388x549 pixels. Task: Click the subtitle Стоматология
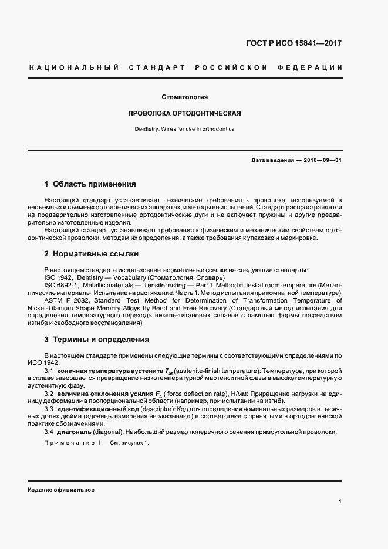click(x=185, y=97)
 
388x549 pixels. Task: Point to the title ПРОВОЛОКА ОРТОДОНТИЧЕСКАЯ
click(x=185, y=113)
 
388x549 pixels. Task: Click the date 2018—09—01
click(x=323, y=160)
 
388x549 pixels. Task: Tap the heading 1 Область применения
click(x=90, y=184)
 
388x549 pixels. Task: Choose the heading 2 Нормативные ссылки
click(x=92, y=254)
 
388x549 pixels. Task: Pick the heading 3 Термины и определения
click(x=97, y=339)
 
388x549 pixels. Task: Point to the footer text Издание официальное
click(x=60, y=489)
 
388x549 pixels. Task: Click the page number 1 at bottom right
click(x=340, y=501)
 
